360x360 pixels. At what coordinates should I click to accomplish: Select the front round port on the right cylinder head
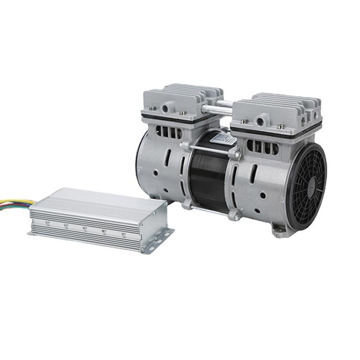[262, 119]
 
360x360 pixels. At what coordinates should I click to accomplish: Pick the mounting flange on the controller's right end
[161, 238]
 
